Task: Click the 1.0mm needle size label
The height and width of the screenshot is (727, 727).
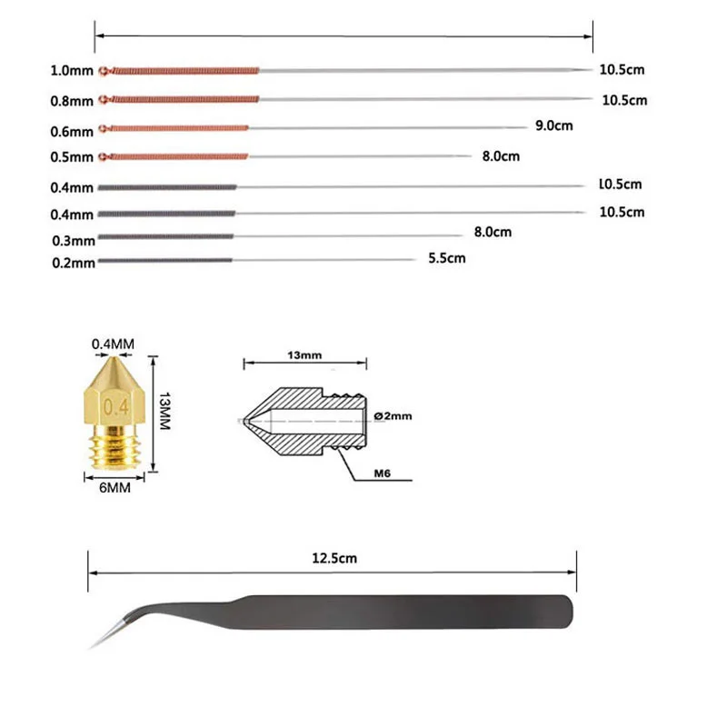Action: [x=73, y=70]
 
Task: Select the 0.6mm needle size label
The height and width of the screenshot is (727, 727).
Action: [x=73, y=130]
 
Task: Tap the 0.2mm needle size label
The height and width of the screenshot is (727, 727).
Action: [x=73, y=264]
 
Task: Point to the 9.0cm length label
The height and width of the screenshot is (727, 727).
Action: [x=553, y=126]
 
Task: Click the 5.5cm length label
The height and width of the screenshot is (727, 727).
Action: [x=446, y=258]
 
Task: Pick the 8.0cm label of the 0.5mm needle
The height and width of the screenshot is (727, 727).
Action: [x=501, y=156]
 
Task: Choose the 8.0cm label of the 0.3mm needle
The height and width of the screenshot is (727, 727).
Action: [x=493, y=232]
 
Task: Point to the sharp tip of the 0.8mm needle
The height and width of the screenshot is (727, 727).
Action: [x=585, y=99]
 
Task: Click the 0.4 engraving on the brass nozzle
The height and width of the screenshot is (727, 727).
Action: [x=116, y=405]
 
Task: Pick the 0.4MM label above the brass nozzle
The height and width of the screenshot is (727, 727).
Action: [x=113, y=344]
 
